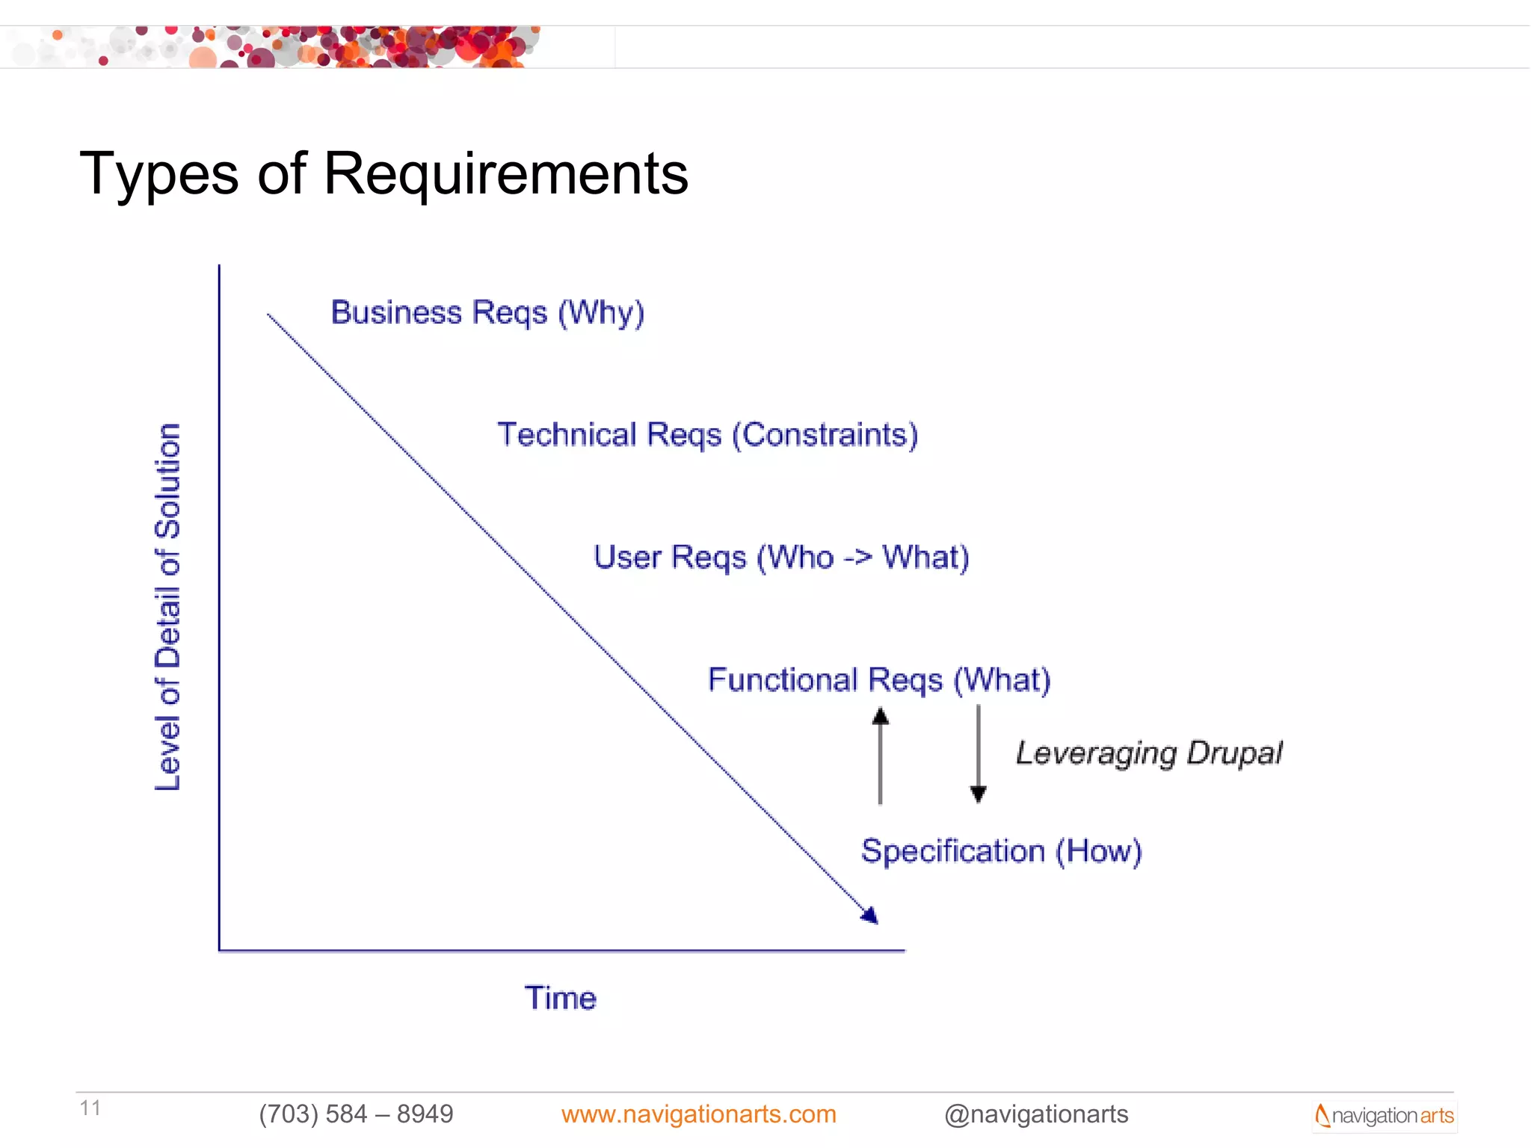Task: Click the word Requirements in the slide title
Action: tap(505, 174)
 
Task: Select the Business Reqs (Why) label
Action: tap(487, 312)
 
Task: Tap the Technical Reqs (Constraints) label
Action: tap(707, 435)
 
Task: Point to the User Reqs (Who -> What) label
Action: tap(781, 558)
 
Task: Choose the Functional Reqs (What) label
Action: tap(879, 680)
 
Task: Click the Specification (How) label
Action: tap(1001, 851)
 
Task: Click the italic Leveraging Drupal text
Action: tap(1148, 753)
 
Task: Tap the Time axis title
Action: tap(561, 998)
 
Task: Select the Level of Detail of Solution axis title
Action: tap(167, 607)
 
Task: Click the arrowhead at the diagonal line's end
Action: tap(870, 916)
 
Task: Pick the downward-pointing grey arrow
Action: tap(978, 753)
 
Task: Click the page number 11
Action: tap(90, 1108)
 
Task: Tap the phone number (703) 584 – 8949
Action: tap(356, 1114)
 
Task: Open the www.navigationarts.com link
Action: tap(698, 1114)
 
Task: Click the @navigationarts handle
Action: tap(1036, 1114)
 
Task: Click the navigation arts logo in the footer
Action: tap(1384, 1116)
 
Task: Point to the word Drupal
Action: tap(1234, 753)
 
